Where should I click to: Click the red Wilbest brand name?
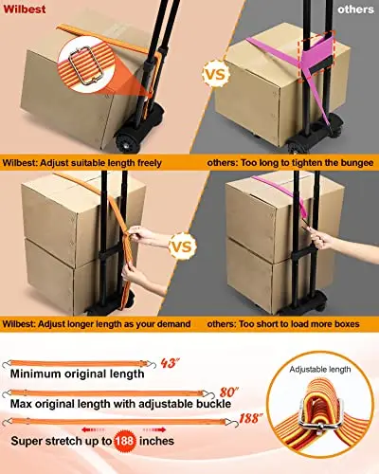tap(25, 9)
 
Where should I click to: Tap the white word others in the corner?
tap(355, 9)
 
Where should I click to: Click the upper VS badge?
tap(216, 74)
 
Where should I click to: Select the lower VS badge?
tap(183, 246)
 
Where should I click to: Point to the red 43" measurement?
tap(169, 363)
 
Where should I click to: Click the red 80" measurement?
tap(228, 392)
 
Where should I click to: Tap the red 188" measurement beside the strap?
tap(251, 418)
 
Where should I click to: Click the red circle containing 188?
tap(125, 441)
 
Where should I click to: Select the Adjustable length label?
tap(320, 370)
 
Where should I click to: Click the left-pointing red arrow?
tap(93, 429)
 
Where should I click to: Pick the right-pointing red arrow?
tap(154, 429)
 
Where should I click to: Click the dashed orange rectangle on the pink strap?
tap(316, 56)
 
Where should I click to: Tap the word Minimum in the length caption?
tap(35, 374)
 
